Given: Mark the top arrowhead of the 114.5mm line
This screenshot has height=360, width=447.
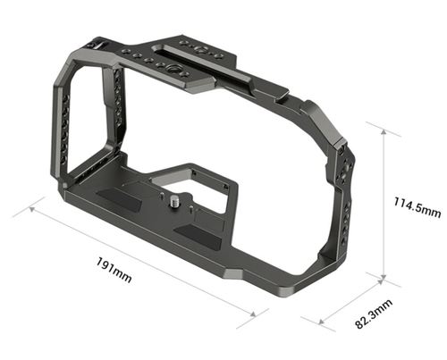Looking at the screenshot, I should (385, 127).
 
